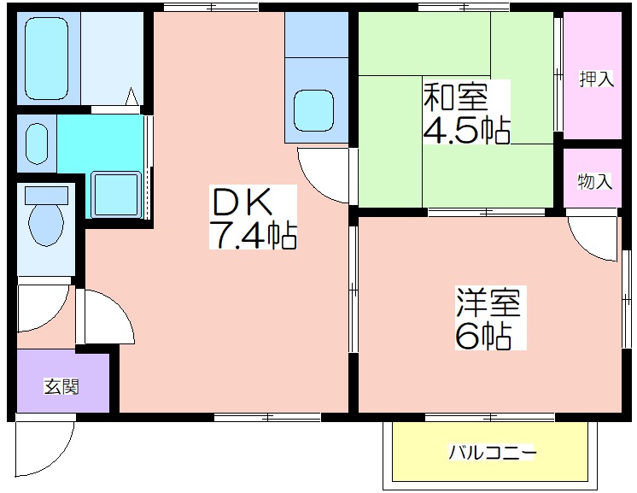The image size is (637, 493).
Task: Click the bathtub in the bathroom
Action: (46, 58)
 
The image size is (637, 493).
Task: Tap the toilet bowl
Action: (46, 224)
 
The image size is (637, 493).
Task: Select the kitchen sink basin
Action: (313, 110)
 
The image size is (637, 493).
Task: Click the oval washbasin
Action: (37, 144)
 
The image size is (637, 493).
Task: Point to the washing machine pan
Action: (116, 194)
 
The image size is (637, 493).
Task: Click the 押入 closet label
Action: (596, 79)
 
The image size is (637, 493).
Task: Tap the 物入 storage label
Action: (595, 181)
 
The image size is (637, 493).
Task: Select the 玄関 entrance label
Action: (61, 386)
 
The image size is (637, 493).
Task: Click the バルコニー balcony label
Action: (493, 452)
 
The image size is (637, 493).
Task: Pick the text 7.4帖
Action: (253, 235)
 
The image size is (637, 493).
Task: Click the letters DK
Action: (243, 202)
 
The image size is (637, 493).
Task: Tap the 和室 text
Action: (455, 97)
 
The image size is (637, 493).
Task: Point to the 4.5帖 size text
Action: (467, 129)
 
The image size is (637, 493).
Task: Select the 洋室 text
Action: (488, 302)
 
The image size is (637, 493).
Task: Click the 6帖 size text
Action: (483, 336)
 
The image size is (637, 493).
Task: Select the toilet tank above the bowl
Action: (46, 196)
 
